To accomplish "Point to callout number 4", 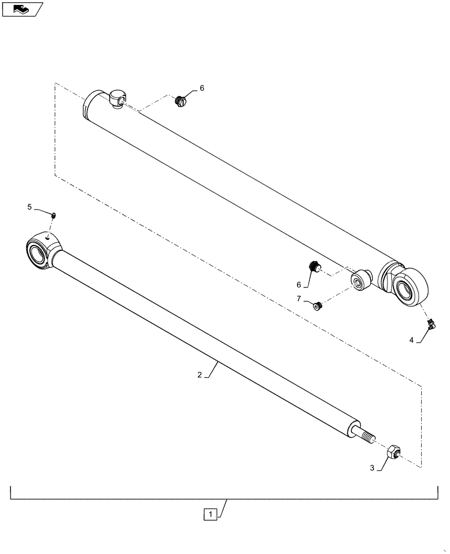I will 412,341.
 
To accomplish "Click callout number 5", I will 29,207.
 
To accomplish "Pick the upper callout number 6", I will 202,88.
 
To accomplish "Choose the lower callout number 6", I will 299,285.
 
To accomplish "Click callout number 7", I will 299,299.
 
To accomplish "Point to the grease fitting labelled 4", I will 429,324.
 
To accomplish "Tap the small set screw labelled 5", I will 54,216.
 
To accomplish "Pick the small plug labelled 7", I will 318,305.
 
